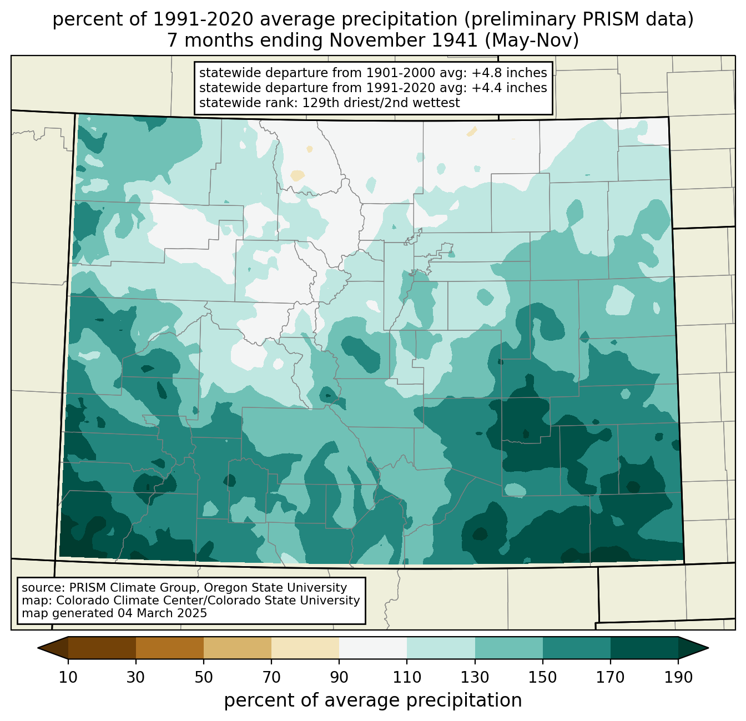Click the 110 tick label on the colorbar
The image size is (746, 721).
pyautogui.click(x=407, y=678)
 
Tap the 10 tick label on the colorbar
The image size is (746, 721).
pyautogui.click(x=68, y=678)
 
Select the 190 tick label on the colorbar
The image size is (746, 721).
pyautogui.click(x=678, y=678)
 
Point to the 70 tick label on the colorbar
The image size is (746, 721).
pyautogui.click(x=271, y=678)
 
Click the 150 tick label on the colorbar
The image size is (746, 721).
pyautogui.click(x=543, y=678)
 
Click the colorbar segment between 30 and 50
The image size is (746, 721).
pyautogui.click(x=170, y=648)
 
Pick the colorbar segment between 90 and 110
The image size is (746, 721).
pyautogui.click(x=373, y=648)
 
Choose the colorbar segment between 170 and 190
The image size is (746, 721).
pyautogui.click(x=644, y=648)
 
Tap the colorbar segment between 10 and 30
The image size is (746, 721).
pyautogui.click(x=102, y=648)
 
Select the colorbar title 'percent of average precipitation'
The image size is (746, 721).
pyautogui.click(x=373, y=700)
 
